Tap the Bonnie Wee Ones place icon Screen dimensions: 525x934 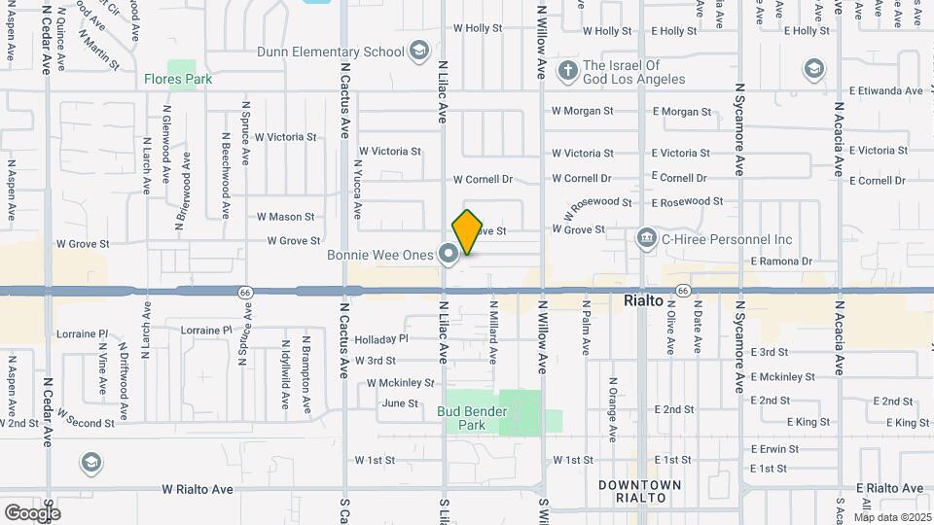pos(449,255)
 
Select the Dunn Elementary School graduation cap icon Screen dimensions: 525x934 pos(419,52)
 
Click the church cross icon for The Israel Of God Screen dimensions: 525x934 pos(567,70)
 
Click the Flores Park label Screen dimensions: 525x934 pos(177,79)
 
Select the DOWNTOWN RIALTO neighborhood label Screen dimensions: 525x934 pos(639,491)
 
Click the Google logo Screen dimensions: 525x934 pos(32,513)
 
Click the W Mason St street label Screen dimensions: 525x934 pos(285,217)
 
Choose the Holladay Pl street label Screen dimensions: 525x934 pos(381,339)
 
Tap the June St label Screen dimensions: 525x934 pos(400,403)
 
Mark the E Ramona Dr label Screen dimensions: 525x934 pos(780,262)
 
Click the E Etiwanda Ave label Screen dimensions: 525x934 pos(885,91)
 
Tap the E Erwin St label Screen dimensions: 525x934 pos(774,449)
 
